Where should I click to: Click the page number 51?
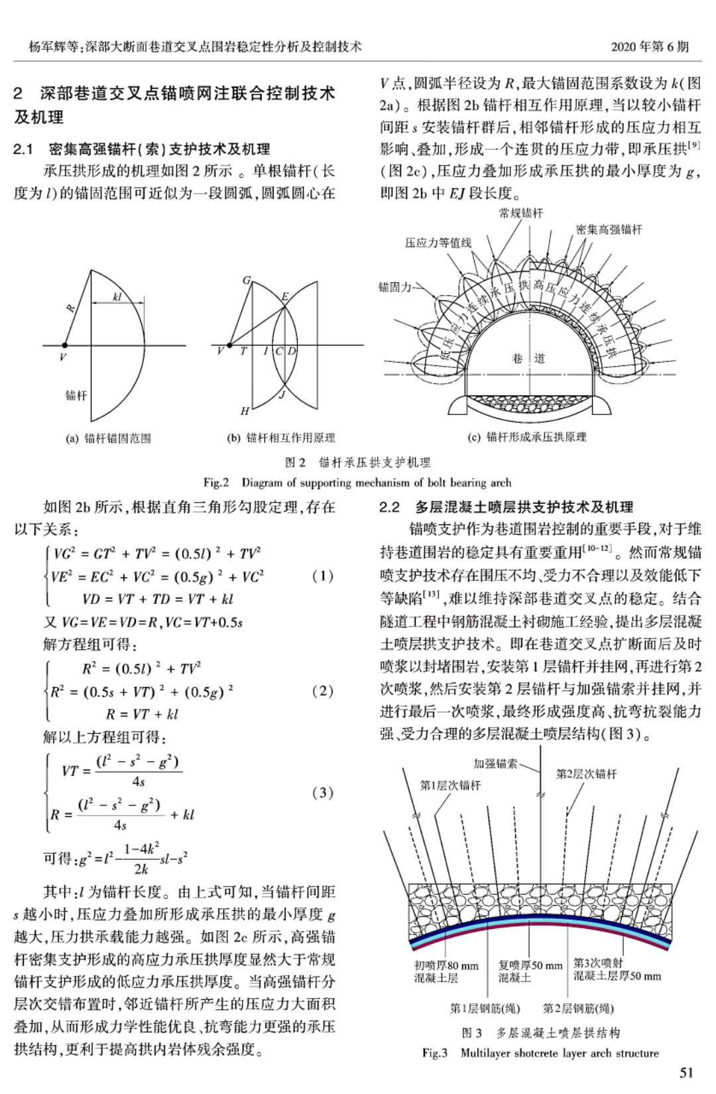(x=686, y=1072)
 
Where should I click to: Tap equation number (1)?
(x=322, y=576)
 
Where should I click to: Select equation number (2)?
(x=322, y=691)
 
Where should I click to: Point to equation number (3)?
(x=322, y=792)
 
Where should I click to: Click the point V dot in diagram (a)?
(x=64, y=345)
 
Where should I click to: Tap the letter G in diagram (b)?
(x=247, y=280)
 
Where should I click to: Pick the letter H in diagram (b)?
(x=244, y=411)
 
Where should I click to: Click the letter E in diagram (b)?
(x=285, y=296)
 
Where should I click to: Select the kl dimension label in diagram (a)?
(x=117, y=296)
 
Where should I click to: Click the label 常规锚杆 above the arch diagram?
(x=520, y=213)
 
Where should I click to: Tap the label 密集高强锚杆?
(x=609, y=229)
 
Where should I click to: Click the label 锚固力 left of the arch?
(x=394, y=287)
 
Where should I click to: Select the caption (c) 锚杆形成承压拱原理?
(x=528, y=437)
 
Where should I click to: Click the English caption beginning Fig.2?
(x=357, y=482)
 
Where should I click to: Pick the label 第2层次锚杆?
(x=586, y=774)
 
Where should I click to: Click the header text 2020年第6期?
(x=649, y=46)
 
